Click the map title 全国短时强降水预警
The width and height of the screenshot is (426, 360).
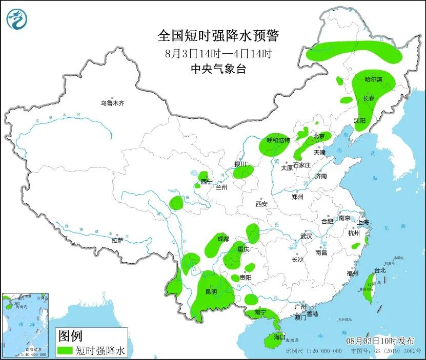[218, 35]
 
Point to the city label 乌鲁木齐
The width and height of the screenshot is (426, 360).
[112, 103]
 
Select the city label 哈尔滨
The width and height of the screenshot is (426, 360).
[374, 79]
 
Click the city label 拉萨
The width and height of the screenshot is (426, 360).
[117, 240]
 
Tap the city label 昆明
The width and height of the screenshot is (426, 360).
[211, 292]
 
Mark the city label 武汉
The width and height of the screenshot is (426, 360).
[307, 237]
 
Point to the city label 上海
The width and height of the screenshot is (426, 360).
[363, 222]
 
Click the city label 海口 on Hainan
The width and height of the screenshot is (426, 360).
[279, 337]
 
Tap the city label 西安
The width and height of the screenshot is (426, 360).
[261, 204]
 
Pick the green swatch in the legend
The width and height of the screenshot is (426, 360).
[65, 350]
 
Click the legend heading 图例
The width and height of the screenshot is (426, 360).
[70, 336]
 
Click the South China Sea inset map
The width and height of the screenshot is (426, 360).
[25, 325]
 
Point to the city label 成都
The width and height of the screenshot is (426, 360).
[223, 239]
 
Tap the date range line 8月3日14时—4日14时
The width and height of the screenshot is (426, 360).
[218, 53]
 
